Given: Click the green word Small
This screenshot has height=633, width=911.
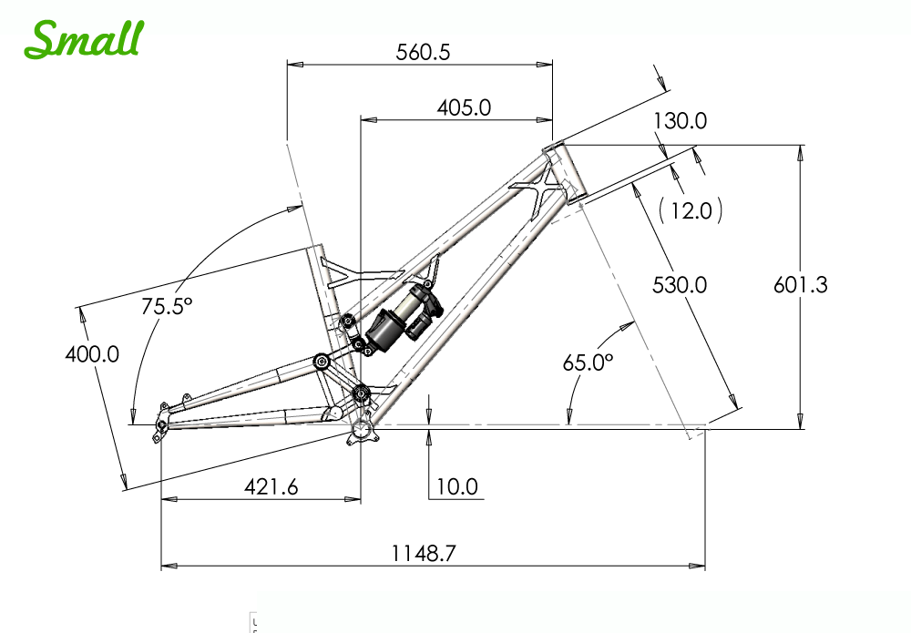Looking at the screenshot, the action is click(x=84, y=39).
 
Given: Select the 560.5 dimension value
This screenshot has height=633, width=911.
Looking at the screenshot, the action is click(x=423, y=52).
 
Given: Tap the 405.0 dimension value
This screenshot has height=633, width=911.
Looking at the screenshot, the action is click(x=464, y=108).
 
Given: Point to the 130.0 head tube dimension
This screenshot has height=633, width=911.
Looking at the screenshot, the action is click(x=680, y=121).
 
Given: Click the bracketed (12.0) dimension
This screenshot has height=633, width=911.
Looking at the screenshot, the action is click(x=691, y=210).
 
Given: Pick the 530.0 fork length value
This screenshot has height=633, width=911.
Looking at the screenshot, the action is click(x=680, y=285).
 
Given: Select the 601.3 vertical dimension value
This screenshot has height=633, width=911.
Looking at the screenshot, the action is click(x=800, y=284).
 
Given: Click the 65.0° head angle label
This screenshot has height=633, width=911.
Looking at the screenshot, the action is click(x=588, y=362).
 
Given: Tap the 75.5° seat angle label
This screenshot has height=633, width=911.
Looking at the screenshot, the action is click(x=166, y=305).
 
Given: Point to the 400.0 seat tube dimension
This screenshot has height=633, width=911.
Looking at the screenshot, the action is click(x=92, y=353).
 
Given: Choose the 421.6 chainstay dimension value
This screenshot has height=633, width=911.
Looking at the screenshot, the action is click(x=271, y=486).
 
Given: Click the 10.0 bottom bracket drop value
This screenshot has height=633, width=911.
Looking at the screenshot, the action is click(x=456, y=486).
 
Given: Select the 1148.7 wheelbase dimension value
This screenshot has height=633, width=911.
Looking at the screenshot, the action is click(x=424, y=553).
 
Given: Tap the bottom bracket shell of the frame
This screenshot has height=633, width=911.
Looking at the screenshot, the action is click(x=361, y=431).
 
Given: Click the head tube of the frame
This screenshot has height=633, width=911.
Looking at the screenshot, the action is click(x=566, y=172).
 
